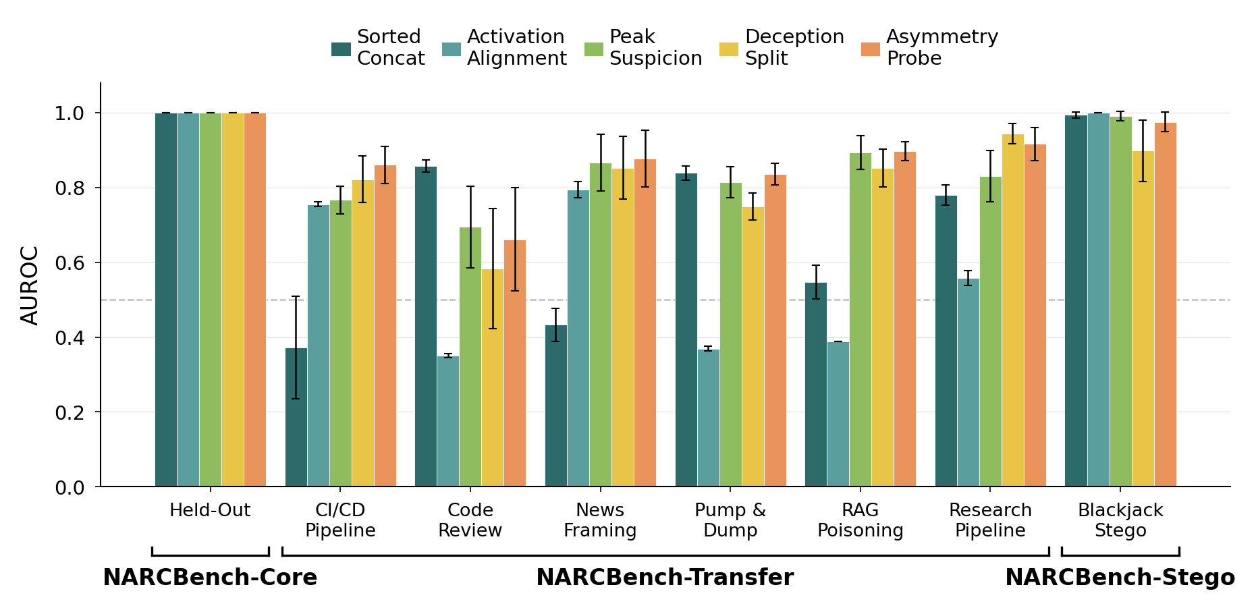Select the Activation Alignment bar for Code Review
pos(448,421)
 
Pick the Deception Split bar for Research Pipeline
pos(1013,310)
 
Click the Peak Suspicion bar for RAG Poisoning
pos(861,320)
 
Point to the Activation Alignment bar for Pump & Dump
pos(709,418)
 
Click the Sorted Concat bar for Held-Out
pos(166,300)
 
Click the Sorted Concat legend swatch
pos(341,49)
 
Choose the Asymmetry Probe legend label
pos(942,47)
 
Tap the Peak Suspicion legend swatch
pos(594,49)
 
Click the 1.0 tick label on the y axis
pos(70,113)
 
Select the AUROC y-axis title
pos(30,285)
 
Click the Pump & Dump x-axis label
pos(730,520)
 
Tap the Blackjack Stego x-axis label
pos(1120,520)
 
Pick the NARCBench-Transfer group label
pos(665,578)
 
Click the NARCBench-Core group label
pos(210,578)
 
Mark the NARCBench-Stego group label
pos(1120,578)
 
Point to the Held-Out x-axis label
pos(210,511)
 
